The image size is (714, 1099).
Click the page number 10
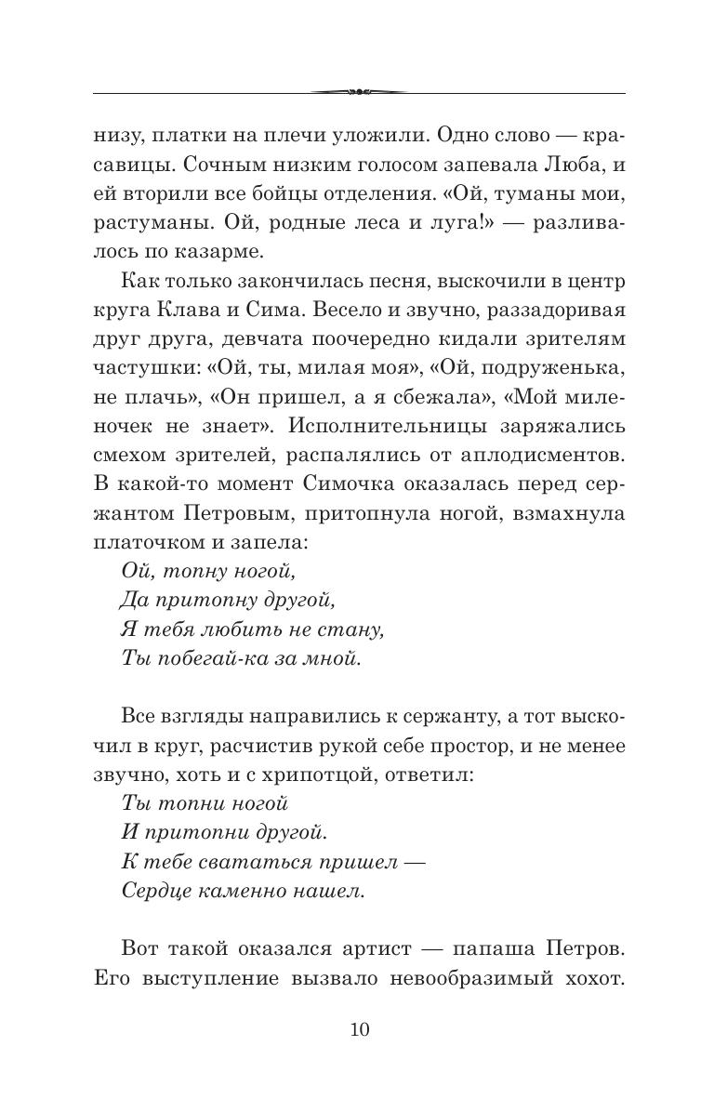click(359, 1029)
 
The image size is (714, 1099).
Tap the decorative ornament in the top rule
click(358, 92)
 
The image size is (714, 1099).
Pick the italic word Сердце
click(152, 890)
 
